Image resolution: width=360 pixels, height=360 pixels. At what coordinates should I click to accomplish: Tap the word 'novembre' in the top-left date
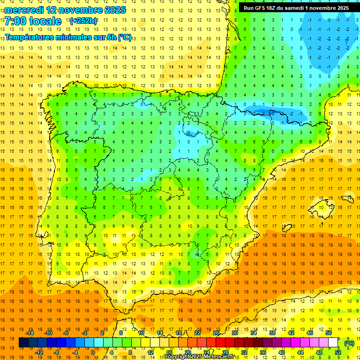[x=76, y=10]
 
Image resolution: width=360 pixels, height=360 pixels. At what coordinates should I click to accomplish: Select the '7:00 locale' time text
[x=33, y=21]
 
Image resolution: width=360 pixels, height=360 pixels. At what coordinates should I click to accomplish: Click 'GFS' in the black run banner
[x=263, y=8]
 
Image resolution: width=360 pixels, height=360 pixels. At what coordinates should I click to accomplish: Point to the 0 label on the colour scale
[x=93, y=352]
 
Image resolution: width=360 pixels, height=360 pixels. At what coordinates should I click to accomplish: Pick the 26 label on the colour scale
[x=216, y=333]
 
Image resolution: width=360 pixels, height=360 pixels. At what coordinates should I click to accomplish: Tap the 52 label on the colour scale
[x=337, y=352]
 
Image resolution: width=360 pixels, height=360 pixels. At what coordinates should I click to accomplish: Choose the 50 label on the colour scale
[x=329, y=333]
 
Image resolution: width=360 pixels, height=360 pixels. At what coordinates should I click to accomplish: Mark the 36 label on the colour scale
[x=262, y=352]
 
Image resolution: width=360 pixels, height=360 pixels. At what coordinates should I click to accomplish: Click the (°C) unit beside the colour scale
[x=349, y=343]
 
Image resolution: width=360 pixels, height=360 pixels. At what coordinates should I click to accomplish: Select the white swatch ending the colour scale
[x=333, y=343]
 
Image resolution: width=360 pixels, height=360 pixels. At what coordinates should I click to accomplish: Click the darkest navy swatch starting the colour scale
[x=23, y=343]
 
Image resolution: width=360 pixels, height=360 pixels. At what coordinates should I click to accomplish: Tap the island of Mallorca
[x=324, y=204]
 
